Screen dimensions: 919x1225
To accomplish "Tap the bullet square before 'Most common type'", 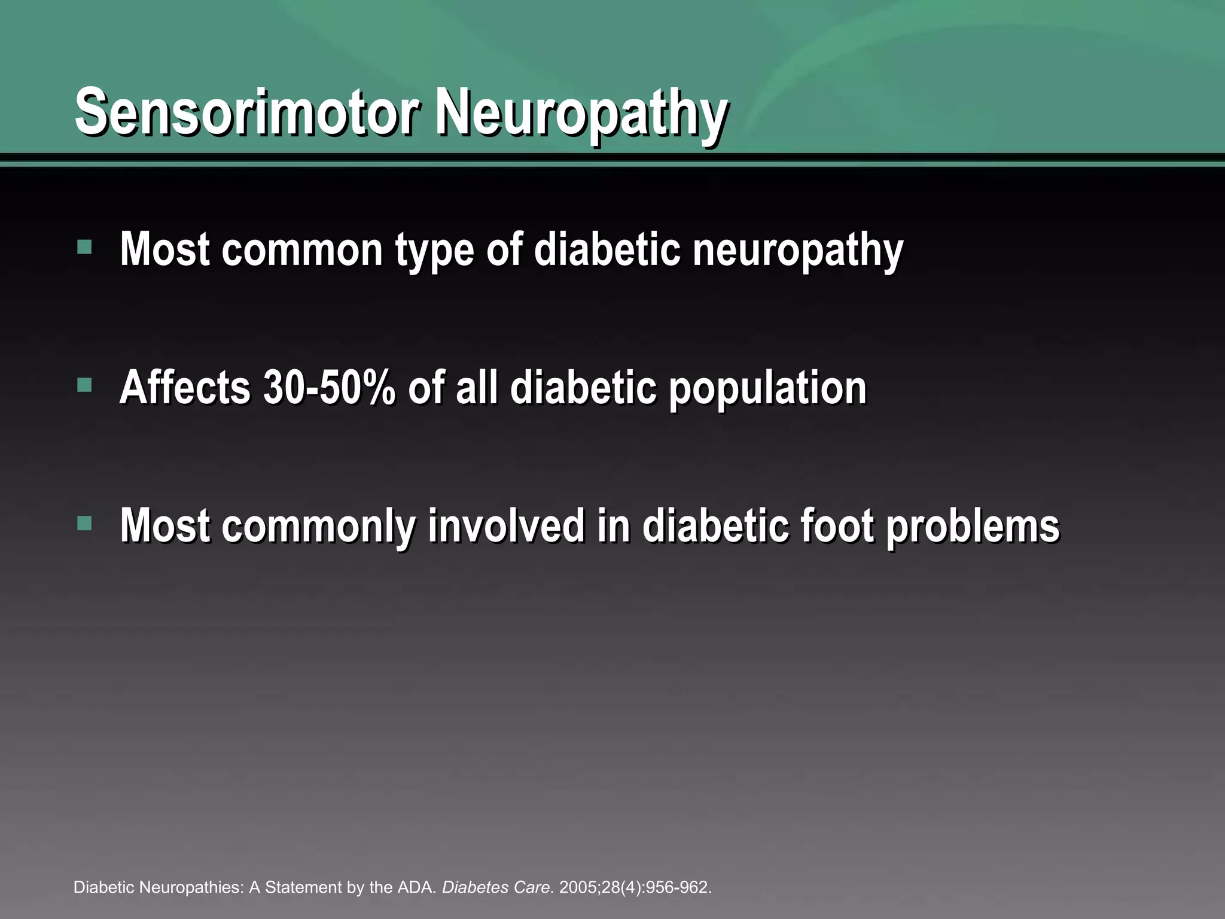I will coord(84,247).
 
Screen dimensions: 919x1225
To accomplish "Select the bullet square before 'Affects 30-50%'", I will coord(84,385).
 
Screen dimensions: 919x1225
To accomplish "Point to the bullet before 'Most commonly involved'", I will coord(84,524).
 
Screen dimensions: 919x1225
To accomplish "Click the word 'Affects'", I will coord(185,388).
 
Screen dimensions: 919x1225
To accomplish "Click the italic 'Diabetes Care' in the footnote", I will coord(495,887).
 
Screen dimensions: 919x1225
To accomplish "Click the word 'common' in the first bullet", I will coord(302,250).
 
